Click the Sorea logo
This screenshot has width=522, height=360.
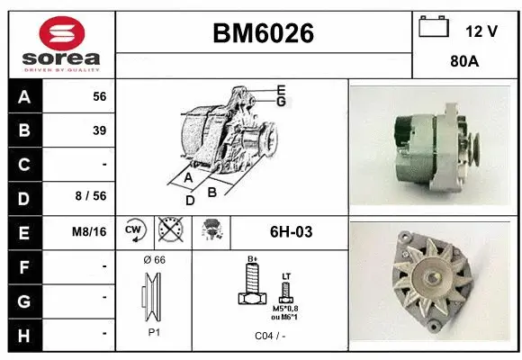coord(61,44)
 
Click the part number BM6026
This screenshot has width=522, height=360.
coord(263,33)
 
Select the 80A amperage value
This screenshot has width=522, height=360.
coord(463,64)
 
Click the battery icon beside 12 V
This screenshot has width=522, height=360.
coord(434,28)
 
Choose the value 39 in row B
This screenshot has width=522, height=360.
coord(99,130)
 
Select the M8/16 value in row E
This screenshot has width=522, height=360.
coord(90,231)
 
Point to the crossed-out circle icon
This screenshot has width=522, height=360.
coord(169,231)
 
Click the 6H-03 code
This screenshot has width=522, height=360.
coord(292,231)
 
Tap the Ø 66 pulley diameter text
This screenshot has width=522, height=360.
coord(154,260)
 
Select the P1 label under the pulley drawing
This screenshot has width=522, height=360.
coord(154,332)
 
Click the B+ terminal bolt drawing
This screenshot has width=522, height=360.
coord(253,288)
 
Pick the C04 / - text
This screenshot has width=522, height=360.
coord(270,336)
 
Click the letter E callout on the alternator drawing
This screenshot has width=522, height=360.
coord(281,89)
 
